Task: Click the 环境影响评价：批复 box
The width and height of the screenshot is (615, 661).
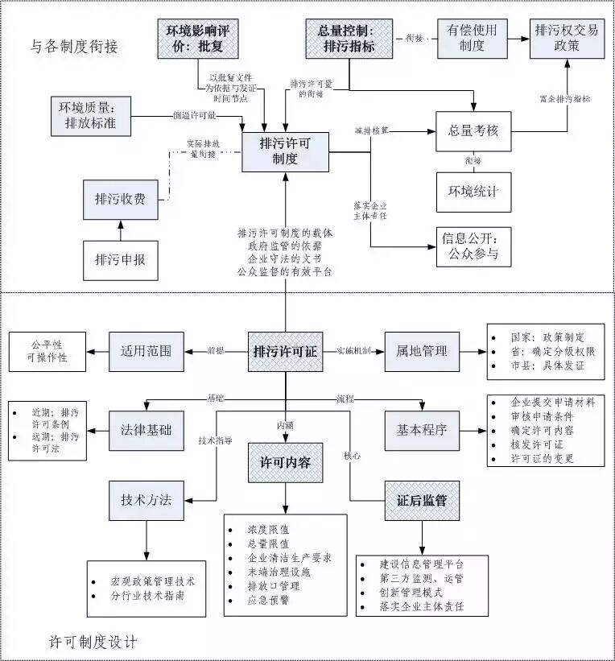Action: pos(197,39)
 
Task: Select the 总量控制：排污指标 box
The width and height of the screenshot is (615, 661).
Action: pos(350,39)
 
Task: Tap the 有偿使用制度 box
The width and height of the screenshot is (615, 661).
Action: pos(473,39)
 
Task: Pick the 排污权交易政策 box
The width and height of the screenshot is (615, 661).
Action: pos(567,39)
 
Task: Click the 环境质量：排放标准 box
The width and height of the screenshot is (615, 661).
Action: pos(91,114)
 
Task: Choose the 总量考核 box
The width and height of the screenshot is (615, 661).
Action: pos(473,130)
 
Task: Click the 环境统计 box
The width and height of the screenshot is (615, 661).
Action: pos(473,192)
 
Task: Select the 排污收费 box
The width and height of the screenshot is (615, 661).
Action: pos(121,200)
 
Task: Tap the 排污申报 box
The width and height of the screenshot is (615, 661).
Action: pos(121,260)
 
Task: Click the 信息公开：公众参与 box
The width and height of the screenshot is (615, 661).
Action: pos(473,246)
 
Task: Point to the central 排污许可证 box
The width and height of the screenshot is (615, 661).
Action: pos(286,351)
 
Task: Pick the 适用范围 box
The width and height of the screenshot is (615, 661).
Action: pos(146,351)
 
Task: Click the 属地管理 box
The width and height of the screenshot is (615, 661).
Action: pos(422,351)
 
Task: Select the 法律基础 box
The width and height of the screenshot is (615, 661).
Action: pos(146,430)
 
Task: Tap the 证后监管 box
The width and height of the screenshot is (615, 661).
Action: pos(422,500)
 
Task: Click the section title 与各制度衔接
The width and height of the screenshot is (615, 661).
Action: pos(74,47)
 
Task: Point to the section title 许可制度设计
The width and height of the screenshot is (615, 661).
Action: pos(93,642)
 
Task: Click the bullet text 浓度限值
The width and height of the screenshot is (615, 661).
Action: pos(268,530)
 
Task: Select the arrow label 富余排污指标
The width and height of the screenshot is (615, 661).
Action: pos(565,99)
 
